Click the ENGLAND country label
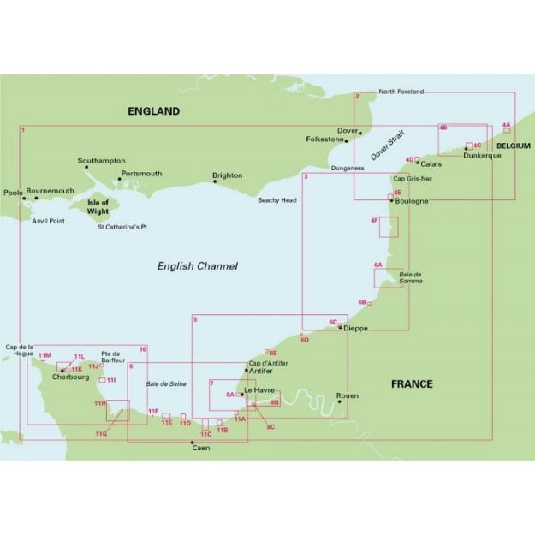click(154, 111)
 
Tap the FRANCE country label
click(412, 383)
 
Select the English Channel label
click(198, 266)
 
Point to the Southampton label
click(101, 161)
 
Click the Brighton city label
click(228, 175)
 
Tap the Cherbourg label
click(70, 377)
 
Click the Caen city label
click(201, 448)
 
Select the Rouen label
click(348, 396)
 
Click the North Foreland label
click(401, 92)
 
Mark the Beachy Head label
click(276, 200)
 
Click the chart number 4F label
click(374, 221)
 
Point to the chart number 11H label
click(100, 402)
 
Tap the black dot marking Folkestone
click(347, 140)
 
